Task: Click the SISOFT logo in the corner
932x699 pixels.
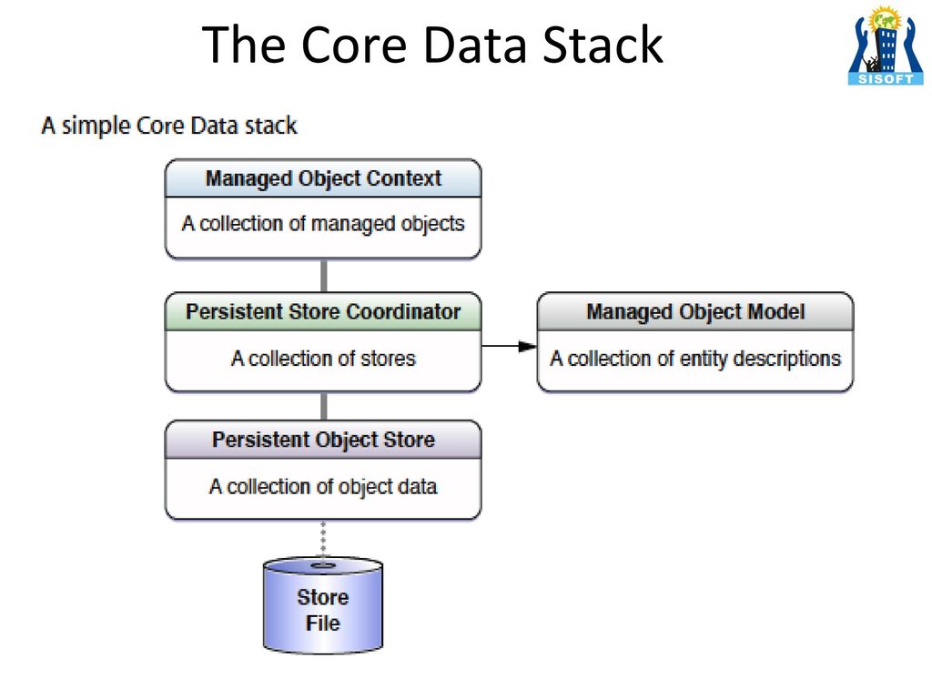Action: pyautogui.click(x=886, y=46)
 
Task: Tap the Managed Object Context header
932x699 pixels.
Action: pyautogui.click(x=323, y=178)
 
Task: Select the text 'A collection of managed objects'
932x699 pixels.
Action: pyautogui.click(x=323, y=224)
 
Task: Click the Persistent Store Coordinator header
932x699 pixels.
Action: pyautogui.click(x=323, y=311)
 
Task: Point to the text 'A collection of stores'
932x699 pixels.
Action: pyautogui.click(x=323, y=359)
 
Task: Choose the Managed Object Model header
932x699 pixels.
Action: pyautogui.click(x=695, y=311)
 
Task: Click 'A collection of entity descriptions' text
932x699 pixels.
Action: pyautogui.click(x=695, y=359)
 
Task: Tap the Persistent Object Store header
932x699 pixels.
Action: pyautogui.click(x=323, y=440)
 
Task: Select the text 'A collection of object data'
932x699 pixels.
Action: pyautogui.click(x=323, y=487)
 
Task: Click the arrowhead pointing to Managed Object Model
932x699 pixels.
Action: pyautogui.click(x=527, y=346)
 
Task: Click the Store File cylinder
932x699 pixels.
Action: pyautogui.click(x=323, y=605)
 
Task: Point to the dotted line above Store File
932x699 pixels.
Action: pyautogui.click(x=323, y=540)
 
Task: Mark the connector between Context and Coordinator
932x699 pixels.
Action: pyautogui.click(x=323, y=275)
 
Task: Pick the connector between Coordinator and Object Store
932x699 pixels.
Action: pyautogui.click(x=323, y=406)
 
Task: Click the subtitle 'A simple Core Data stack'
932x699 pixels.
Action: pyautogui.click(x=169, y=126)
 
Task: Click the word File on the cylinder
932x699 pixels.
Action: pyautogui.click(x=323, y=623)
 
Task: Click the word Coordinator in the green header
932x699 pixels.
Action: pyautogui.click(x=403, y=311)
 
